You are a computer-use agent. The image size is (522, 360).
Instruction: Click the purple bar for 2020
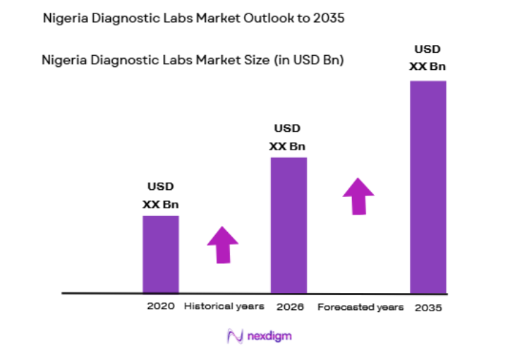[x=160, y=253]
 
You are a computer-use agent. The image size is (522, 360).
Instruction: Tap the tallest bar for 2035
[x=428, y=186]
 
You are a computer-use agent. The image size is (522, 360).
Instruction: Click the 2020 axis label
[x=160, y=306]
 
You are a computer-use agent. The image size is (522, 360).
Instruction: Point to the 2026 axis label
[x=289, y=307]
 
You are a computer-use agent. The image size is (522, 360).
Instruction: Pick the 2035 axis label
[x=428, y=308]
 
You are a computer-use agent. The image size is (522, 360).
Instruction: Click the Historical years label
[x=224, y=306]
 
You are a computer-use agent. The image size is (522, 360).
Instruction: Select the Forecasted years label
[x=360, y=307]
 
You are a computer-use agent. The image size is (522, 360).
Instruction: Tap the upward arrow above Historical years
[x=223, y=244]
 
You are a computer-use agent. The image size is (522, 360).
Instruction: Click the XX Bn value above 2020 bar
[x=161, y=205]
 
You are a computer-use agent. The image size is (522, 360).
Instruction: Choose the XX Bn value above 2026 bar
[x=287, y=146]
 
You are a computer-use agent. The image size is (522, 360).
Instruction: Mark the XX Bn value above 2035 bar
[x=427, y=67]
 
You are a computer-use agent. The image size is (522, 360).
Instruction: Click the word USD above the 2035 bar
[x=427, y=50]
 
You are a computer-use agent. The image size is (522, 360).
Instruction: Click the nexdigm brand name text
[x=269, y=337]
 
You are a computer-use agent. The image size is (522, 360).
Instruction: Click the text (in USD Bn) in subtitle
[x=308, y=61]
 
